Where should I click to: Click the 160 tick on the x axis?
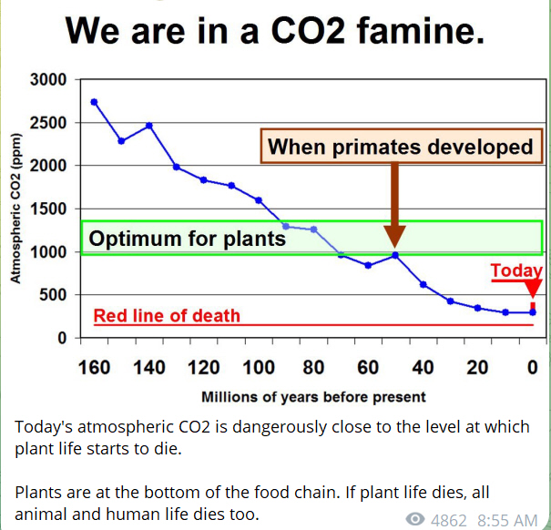95,368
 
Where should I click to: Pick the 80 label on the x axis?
313,368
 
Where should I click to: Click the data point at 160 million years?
95,102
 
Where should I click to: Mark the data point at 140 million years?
149,125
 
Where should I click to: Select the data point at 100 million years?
259,200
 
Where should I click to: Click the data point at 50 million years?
395,255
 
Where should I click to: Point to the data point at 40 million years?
423,284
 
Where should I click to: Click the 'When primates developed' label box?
400,146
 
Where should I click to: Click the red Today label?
515,271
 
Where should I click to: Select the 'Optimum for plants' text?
188,239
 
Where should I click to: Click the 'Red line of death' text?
168,316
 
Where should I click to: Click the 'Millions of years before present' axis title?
313,397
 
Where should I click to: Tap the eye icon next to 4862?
415,519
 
